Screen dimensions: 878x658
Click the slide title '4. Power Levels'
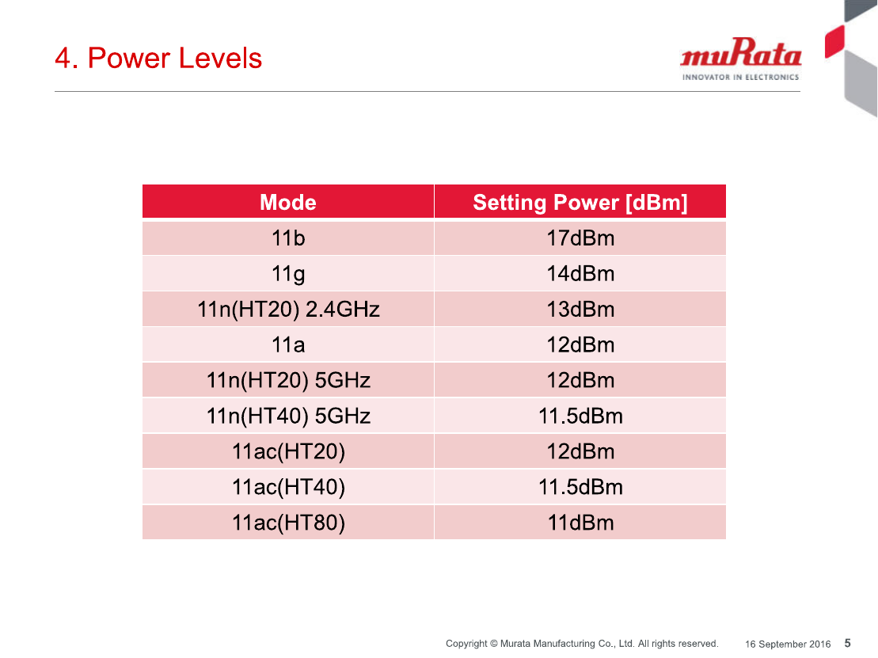click(x=158, y=59)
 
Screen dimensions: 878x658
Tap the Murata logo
click(x=740, y=59)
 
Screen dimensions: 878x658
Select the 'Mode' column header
click(x=288, y=202)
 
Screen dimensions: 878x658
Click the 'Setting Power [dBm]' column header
click(x=580, y=203)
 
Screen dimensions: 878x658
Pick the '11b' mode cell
click(x=288, y=238)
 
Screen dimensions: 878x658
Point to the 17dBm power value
click(x=580, y=238)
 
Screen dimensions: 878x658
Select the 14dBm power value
click(x=580, y=274)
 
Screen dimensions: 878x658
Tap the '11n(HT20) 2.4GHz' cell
click(x=288, y=310)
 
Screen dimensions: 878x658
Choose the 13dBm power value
click(x=580, y=309)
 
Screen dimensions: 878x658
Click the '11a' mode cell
click(x=288, y=345)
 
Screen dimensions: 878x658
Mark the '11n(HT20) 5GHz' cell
click(x=288, y=381)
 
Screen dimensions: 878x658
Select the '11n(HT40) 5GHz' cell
click(x=288, y=416)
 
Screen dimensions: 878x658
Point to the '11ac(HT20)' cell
click(x=288, y=452)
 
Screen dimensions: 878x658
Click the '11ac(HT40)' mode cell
click(x=288, y=487)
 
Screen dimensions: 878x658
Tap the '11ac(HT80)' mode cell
click(x=288, y=523)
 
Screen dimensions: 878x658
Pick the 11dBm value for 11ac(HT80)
click(x=580, y=523)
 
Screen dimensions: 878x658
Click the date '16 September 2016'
click(x=787, y=645)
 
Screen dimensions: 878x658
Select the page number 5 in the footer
click(x=848, y=644)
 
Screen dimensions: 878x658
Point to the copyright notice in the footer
click(x=582, y=644)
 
